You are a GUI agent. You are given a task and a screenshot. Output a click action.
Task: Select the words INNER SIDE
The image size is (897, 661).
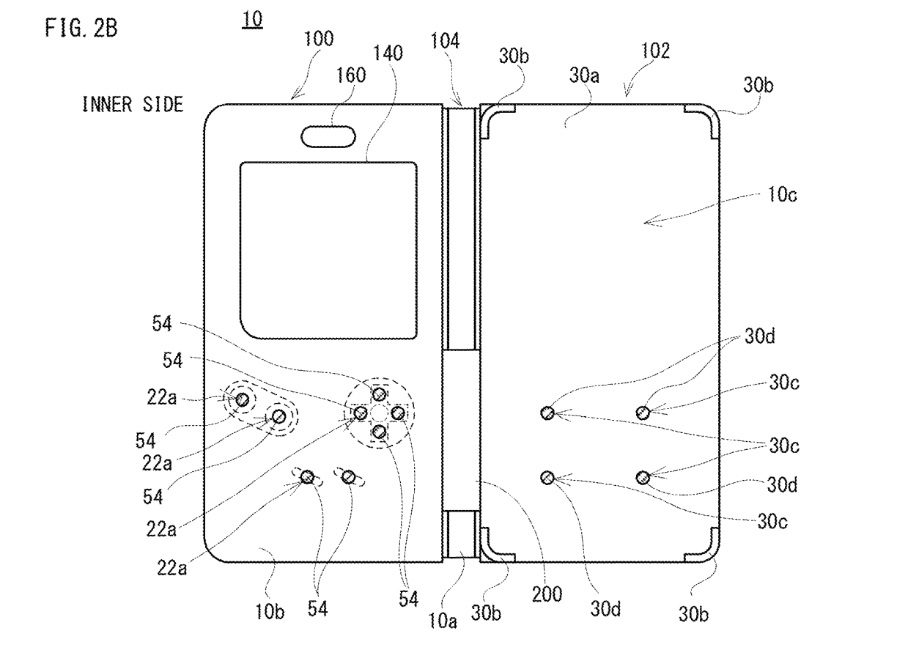pyautogui.click(x=133, y=106)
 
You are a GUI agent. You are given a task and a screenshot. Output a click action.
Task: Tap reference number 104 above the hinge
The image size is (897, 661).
pyautogui.click(x=445, y=42)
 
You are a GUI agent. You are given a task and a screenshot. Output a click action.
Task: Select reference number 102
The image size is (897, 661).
pyautogui.click(x=654, y=51)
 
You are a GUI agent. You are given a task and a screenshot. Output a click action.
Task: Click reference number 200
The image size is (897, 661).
pyautogui.click(x=547, y=594)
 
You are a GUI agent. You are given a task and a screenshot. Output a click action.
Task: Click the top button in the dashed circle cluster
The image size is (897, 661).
pyautogui.click(x=379, y=395)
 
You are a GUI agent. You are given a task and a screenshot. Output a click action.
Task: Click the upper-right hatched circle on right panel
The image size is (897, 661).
pyautogui.click(x=643, y=413)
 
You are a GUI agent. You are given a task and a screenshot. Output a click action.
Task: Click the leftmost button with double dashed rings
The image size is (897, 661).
pyautogui.click(x=242, y=399)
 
